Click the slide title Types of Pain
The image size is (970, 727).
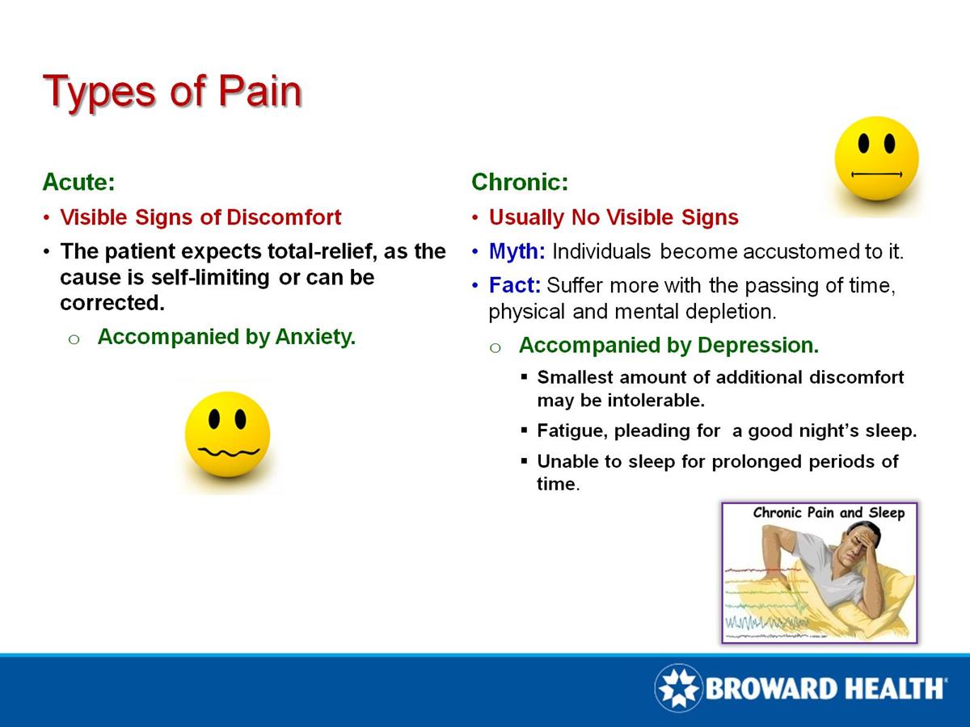(171, 91)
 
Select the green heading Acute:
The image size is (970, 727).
(78, 182)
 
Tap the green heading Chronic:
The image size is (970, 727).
(520, 182)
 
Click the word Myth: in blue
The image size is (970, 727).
(517, 251)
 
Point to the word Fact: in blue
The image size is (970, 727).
(515, 286)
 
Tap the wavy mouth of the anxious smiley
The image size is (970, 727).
(227, 450)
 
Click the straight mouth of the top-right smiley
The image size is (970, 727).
(876, 173)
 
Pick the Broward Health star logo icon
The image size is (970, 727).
(677, 687)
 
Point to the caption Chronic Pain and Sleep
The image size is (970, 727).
(829, 513)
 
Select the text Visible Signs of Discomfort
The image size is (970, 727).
(200, 217)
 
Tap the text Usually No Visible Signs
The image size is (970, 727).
(614, 217)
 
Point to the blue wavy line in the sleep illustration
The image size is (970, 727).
(764, 622)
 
